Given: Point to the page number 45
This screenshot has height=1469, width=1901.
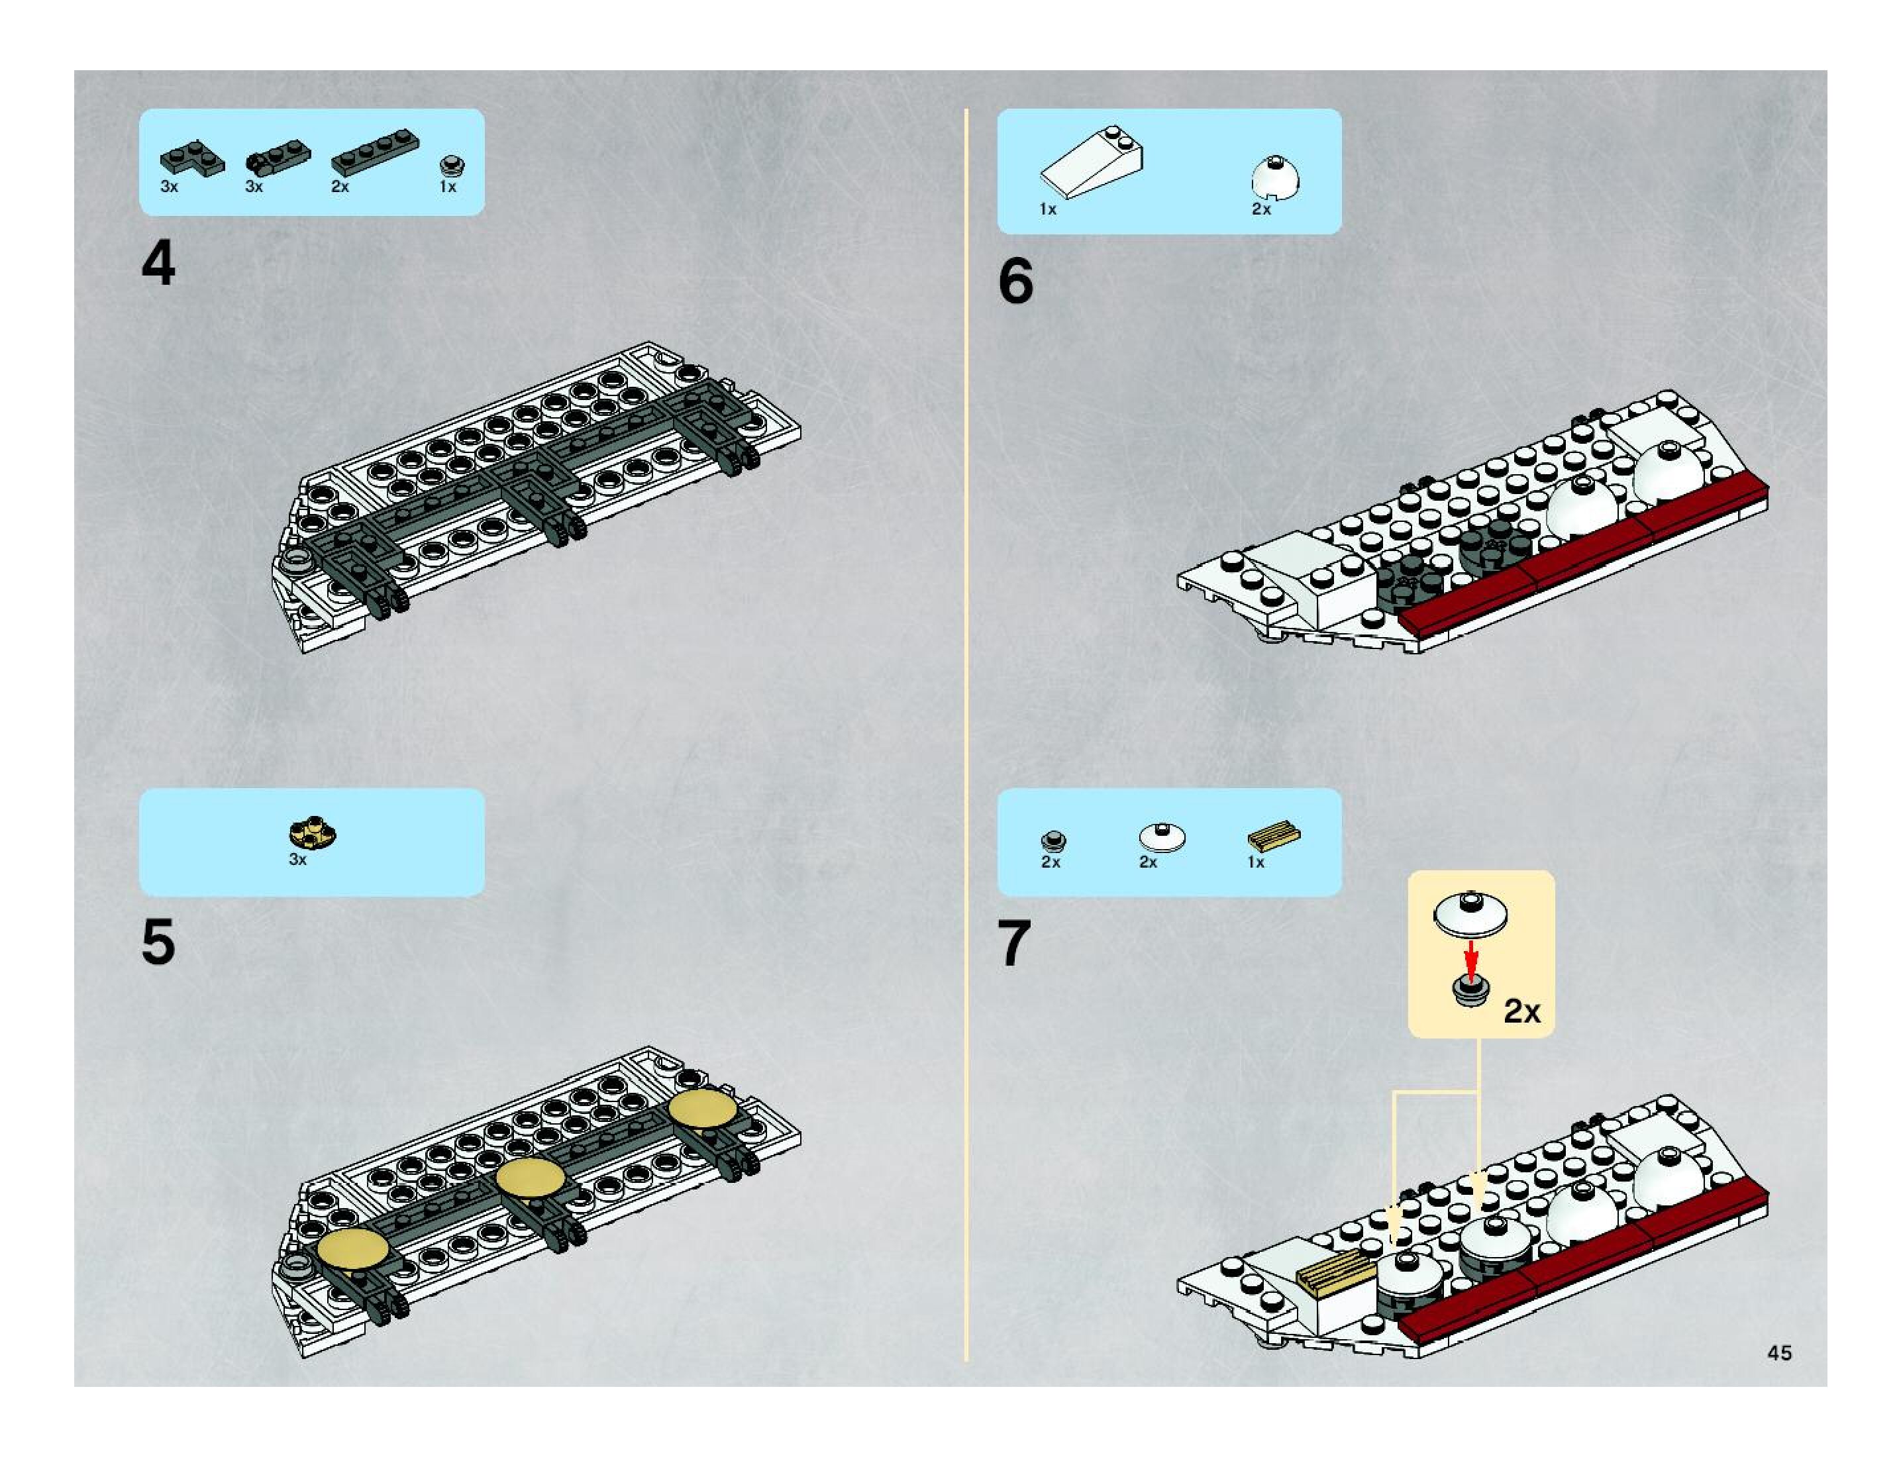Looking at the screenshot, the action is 1779,1352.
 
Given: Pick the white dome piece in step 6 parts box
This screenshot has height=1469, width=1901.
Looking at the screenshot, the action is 1276,177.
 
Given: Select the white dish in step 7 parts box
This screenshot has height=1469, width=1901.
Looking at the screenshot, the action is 1162,837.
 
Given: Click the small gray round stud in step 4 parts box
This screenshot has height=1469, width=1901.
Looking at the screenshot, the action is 451,164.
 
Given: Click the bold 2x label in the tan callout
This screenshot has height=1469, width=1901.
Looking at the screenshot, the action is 1521,1011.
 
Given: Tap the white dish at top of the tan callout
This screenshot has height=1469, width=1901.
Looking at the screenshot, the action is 1470,915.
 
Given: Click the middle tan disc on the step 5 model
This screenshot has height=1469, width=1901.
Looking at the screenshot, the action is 530,1178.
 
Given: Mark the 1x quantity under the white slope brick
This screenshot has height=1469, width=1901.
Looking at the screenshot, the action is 1048,210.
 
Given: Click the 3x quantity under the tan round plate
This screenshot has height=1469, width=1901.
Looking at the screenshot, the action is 297,860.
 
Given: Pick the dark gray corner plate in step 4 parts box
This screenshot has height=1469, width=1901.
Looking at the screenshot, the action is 191,159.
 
